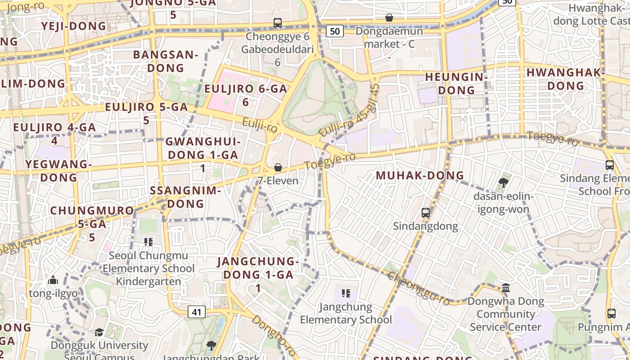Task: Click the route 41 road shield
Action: click(196, 312)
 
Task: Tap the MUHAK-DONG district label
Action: click(419, 175)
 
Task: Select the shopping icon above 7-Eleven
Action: click(278, 168)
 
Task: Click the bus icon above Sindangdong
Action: click(425, 212)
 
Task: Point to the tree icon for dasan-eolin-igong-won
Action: click(503, 183)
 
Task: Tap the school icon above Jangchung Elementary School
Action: click(346, 293)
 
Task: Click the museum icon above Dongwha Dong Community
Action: click(505, 288)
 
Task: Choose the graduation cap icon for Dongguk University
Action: click(99, 332)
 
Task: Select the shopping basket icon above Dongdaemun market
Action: click(389, 18)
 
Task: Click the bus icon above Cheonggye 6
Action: click(278, 22)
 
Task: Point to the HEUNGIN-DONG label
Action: click(456, 83)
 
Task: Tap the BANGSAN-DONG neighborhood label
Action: click(166, 61)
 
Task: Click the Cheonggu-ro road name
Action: click(418, 288)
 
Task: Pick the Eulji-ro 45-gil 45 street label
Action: click(349, 111)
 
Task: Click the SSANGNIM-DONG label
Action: click(185, 197)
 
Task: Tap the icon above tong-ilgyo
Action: click(53, 280)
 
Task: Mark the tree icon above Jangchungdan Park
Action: click(211, 345)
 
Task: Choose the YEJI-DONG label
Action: click(74, 26)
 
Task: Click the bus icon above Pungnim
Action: click(611, 313)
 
